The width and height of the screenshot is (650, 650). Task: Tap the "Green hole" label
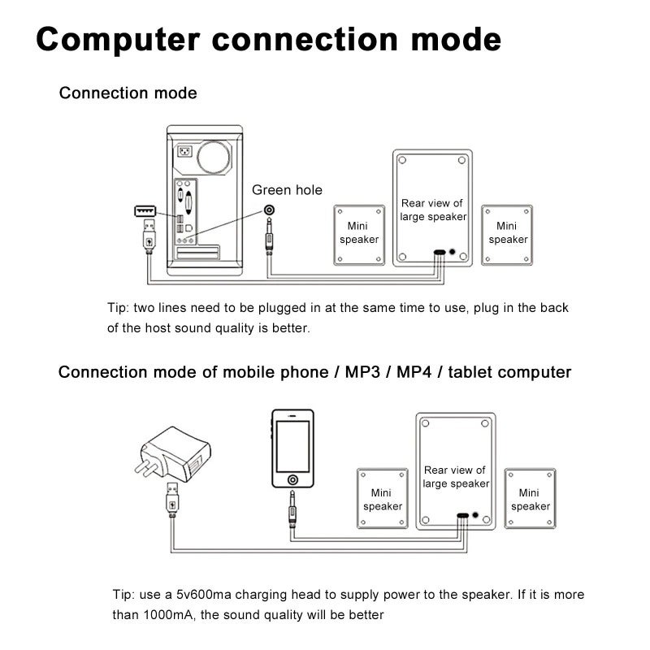tap(287, 190)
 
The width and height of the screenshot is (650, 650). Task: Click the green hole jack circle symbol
tap(270, 210)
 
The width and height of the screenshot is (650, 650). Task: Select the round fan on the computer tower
tap(214, 158)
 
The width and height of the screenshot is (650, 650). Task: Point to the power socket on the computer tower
tap(185, 151)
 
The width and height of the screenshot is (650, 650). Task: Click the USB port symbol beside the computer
tap(145, 211)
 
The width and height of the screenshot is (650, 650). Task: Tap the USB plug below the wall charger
tap(172, 500)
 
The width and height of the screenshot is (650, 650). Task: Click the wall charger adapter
tap(173, 453)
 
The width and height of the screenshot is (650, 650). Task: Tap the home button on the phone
tap(292, 479)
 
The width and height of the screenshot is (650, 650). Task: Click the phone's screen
tap(292, 446)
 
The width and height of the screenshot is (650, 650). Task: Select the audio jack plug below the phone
tap(292, 509)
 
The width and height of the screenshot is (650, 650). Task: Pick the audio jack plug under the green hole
tap(270, 236)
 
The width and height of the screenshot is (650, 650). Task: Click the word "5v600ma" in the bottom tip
tap(204, 595)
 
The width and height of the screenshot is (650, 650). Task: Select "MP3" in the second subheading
tap(362, 372)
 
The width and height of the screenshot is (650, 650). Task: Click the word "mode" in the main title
tap(456, 40)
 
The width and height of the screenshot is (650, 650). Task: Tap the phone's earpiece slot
tap(292, 415)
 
